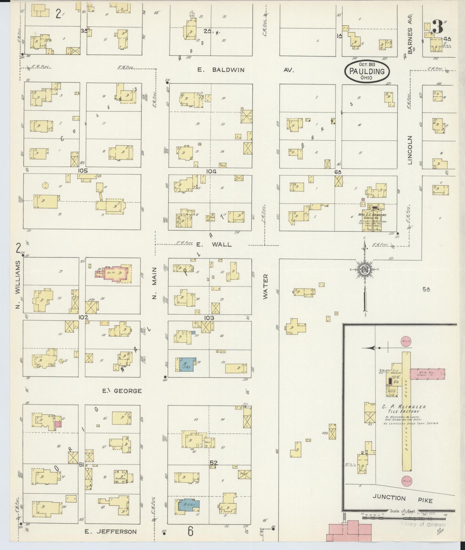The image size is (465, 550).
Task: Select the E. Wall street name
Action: pyautogui.click(x=214, y=244)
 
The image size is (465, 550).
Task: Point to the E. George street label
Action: pyautogui.click(x=122, y=391)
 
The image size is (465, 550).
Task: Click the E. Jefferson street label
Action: pyautogui.click(x=110, y=531)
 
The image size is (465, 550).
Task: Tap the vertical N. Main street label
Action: pyautogui.click(x=154, y=283)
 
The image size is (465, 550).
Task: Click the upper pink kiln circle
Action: pyautogui.click(x=406, y=341)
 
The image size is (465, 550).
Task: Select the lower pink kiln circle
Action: pyautogui.click(x=406, y=480)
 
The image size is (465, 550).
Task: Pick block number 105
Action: pyautogui.click(x=83, y=170)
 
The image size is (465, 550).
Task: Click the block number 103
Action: pyautogui.click(x=209, y=318)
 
